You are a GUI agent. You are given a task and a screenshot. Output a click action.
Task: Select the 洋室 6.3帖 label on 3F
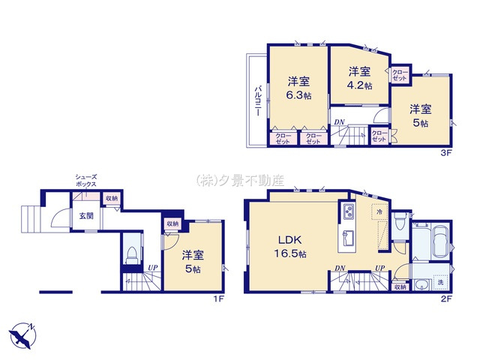pos(298,88)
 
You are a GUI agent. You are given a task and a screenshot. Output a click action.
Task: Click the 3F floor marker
pos(445,152)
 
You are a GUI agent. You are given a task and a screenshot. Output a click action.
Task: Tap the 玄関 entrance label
pos(88,216)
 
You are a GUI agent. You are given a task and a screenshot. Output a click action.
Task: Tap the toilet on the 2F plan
pos(403,223)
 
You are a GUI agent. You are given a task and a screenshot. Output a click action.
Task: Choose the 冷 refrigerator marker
pos(379,212)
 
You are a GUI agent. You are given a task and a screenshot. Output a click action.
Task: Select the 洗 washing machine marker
pos(440,282)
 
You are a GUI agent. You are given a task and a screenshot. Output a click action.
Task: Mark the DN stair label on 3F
pos(340,122)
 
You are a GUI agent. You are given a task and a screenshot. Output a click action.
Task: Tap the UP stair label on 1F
pos(152,268)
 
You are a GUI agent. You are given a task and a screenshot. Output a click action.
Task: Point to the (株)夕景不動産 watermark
pos(240,180)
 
